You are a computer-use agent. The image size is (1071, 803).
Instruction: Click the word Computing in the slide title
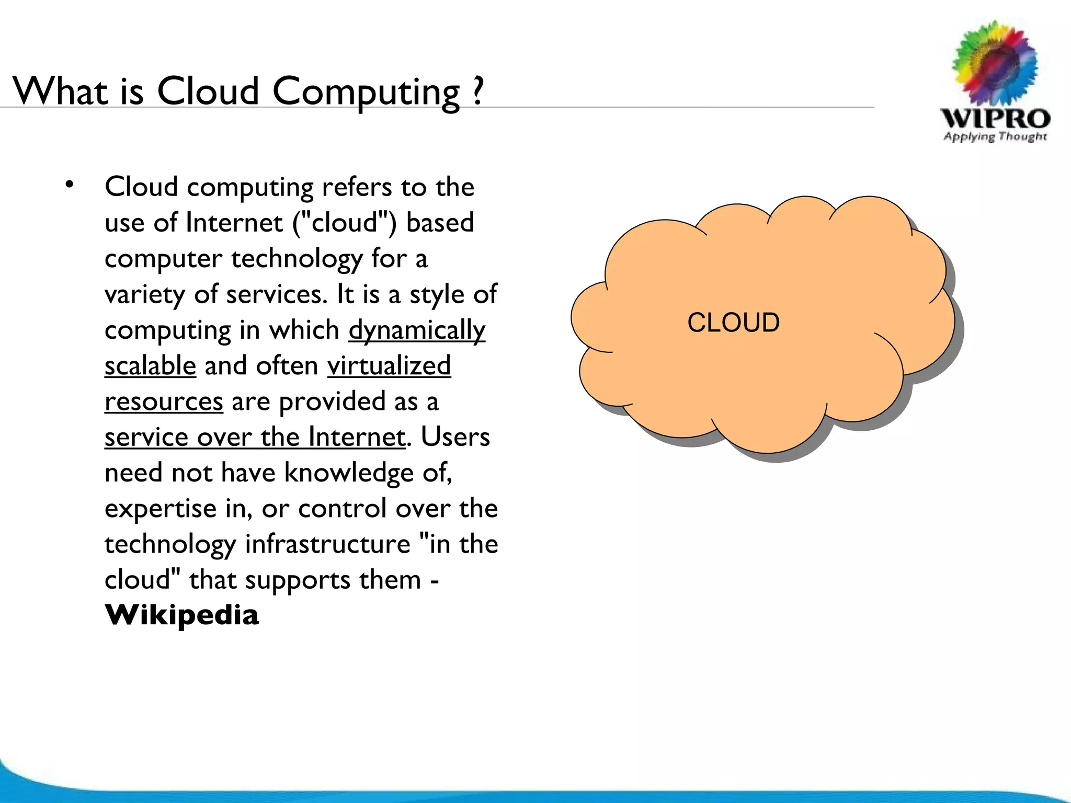366,92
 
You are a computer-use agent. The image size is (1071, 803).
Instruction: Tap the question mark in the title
476,91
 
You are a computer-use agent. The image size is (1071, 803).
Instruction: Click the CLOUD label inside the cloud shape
733,322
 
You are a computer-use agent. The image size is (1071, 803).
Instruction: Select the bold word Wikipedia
181,615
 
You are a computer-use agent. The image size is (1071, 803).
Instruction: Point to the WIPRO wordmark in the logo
995,119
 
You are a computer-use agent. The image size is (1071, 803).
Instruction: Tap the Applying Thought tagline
995,137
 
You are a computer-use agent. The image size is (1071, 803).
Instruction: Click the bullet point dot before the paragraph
69,184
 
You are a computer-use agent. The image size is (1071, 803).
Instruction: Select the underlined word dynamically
417,330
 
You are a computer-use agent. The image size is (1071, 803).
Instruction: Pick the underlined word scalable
150,365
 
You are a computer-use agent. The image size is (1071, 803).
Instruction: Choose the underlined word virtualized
389,365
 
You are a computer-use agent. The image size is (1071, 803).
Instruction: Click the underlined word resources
164,401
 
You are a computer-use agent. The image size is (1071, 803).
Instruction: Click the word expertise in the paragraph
161,509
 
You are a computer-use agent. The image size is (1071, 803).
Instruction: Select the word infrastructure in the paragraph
328,544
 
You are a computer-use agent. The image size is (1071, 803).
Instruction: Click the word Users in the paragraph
455,437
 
